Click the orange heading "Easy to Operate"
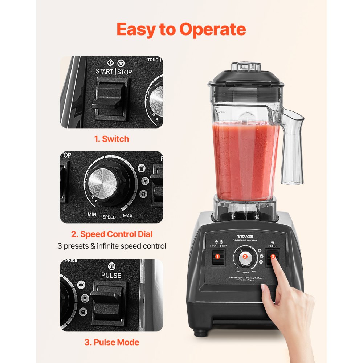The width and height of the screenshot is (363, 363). [181, 30]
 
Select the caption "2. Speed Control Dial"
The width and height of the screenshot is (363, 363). [111, 234]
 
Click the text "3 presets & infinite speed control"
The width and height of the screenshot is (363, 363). [112, 246]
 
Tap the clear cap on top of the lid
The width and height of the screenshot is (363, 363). [246, 68]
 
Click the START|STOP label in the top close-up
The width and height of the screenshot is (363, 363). [114, 71]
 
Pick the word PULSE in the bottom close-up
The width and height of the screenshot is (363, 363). [111, 276]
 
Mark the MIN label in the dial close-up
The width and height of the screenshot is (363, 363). [92, 214]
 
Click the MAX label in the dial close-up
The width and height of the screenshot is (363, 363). [127, 216]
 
